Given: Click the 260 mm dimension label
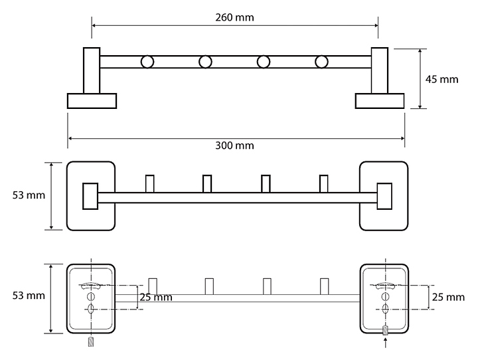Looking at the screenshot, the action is click(x=234, y=17).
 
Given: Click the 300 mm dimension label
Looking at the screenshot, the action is click(x=234, y=145).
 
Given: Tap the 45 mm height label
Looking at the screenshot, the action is click(x=441, y=79).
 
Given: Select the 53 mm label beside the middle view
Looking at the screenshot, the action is click(x=29, y=195).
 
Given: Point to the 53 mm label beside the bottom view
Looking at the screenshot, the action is click(x=29, y=296).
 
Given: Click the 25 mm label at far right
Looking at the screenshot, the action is click(x=448, y=297).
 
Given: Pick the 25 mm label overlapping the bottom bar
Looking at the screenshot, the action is click(x=156, y=297).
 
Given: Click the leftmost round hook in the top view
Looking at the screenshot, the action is click(x=147, y=62).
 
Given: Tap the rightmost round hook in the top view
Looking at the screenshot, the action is click(x=321, y=62).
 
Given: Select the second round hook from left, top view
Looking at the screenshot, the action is click(x=205, y=62).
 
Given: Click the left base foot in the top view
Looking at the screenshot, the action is click(x=92, y=101).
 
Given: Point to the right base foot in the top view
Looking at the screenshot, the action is click(x=380, y=101).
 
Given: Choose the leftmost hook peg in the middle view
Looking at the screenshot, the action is click(x=149, y=184).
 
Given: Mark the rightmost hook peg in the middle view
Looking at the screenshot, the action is click(x=324, y=184).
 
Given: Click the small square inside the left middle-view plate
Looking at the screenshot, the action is click(x=90, y=196).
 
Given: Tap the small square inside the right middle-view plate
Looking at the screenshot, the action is click(x=384, y=196).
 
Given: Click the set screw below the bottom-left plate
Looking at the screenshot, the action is click(x=91, y=341).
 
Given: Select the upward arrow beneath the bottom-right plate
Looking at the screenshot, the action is click(x=386, y=342).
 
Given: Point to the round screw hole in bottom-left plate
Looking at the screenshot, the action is click(x=91, y=296).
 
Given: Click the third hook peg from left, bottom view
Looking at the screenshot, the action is click(x=267, y=286).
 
